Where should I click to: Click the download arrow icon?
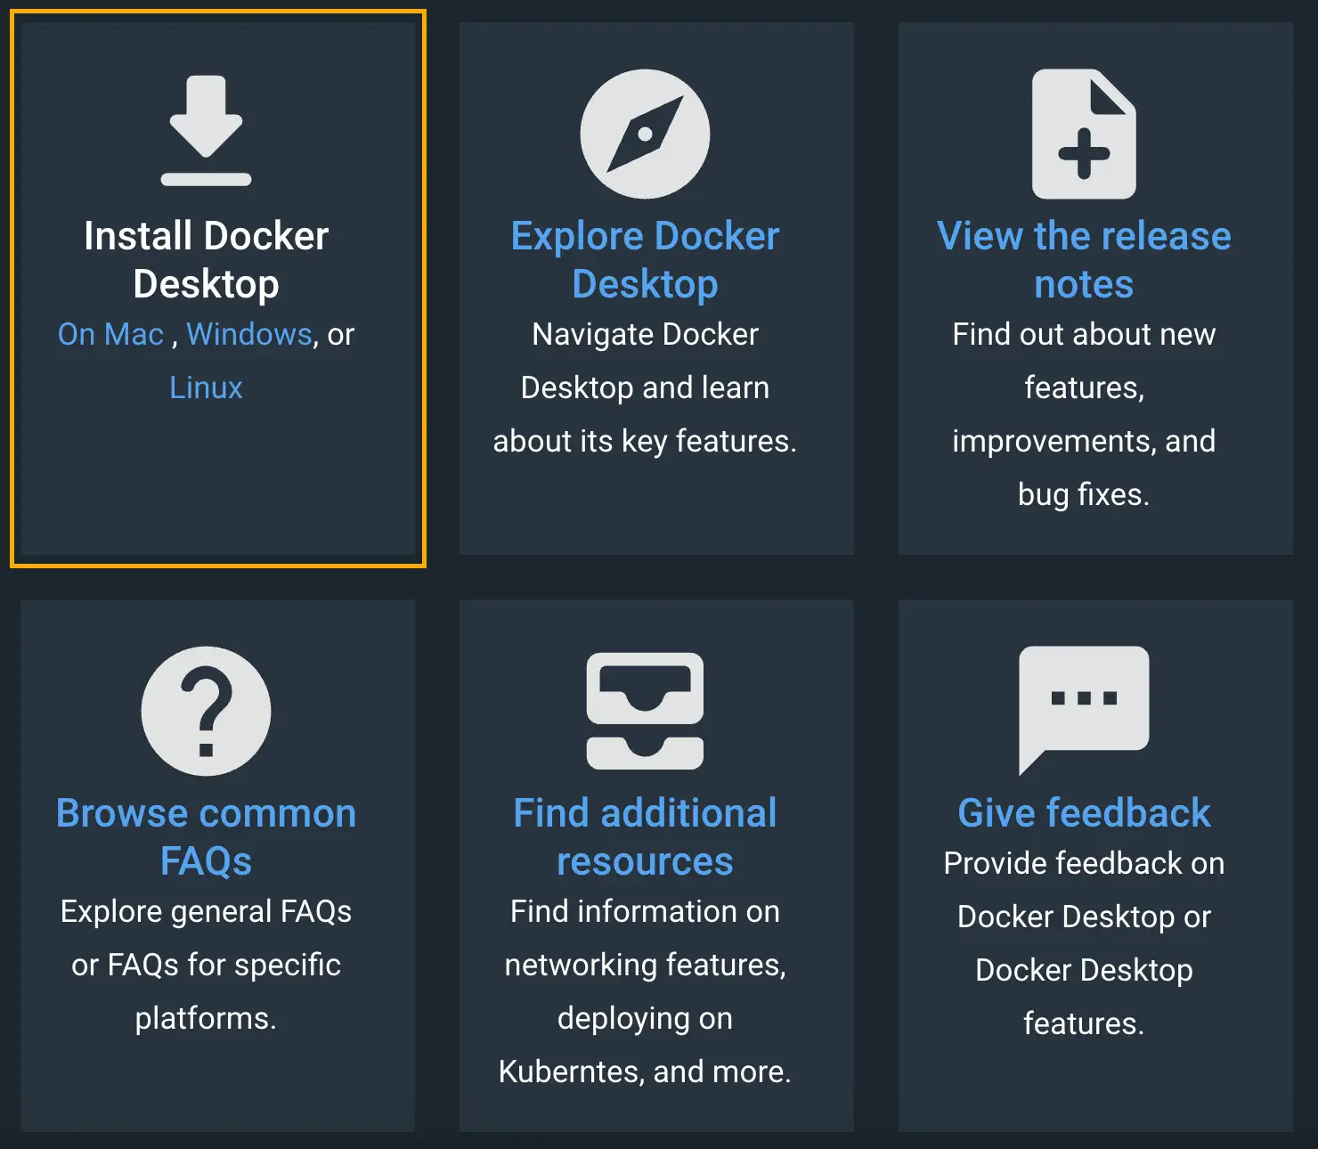206,130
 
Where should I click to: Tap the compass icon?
645,134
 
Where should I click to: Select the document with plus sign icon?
1084,134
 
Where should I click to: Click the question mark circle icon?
206,711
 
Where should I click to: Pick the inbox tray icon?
645,711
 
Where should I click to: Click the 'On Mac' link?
110,334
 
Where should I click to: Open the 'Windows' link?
249,334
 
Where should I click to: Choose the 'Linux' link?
206,387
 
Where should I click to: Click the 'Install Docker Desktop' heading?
206,259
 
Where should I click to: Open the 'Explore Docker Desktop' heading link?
645,259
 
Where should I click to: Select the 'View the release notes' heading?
1084,259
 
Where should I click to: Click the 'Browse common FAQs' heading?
206,836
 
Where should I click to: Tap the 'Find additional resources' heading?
645,836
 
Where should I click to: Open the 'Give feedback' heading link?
1084,812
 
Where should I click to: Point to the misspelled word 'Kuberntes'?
569,1072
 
